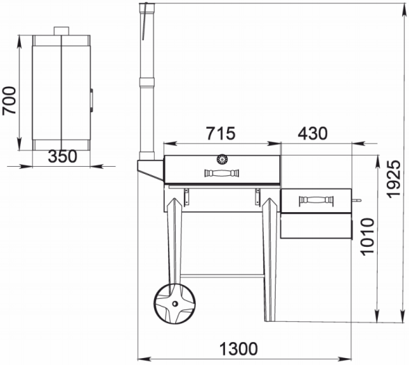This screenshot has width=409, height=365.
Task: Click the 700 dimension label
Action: tap(9, 101)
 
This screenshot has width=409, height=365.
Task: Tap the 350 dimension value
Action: tap(62, 156)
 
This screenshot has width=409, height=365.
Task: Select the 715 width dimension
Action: tap(221, 133)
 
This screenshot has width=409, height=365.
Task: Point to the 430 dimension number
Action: tap(312, 133)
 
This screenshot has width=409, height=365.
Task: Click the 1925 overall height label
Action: tap(394, 179)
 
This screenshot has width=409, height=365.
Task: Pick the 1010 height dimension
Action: tap(367, 237)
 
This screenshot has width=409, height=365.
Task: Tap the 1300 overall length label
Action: tap(238, 349)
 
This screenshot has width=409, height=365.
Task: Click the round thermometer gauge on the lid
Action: tap(222, 159)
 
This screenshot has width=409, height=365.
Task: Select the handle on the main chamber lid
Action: tap(222, 173)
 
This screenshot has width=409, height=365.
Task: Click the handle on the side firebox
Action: tap(317, 200)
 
